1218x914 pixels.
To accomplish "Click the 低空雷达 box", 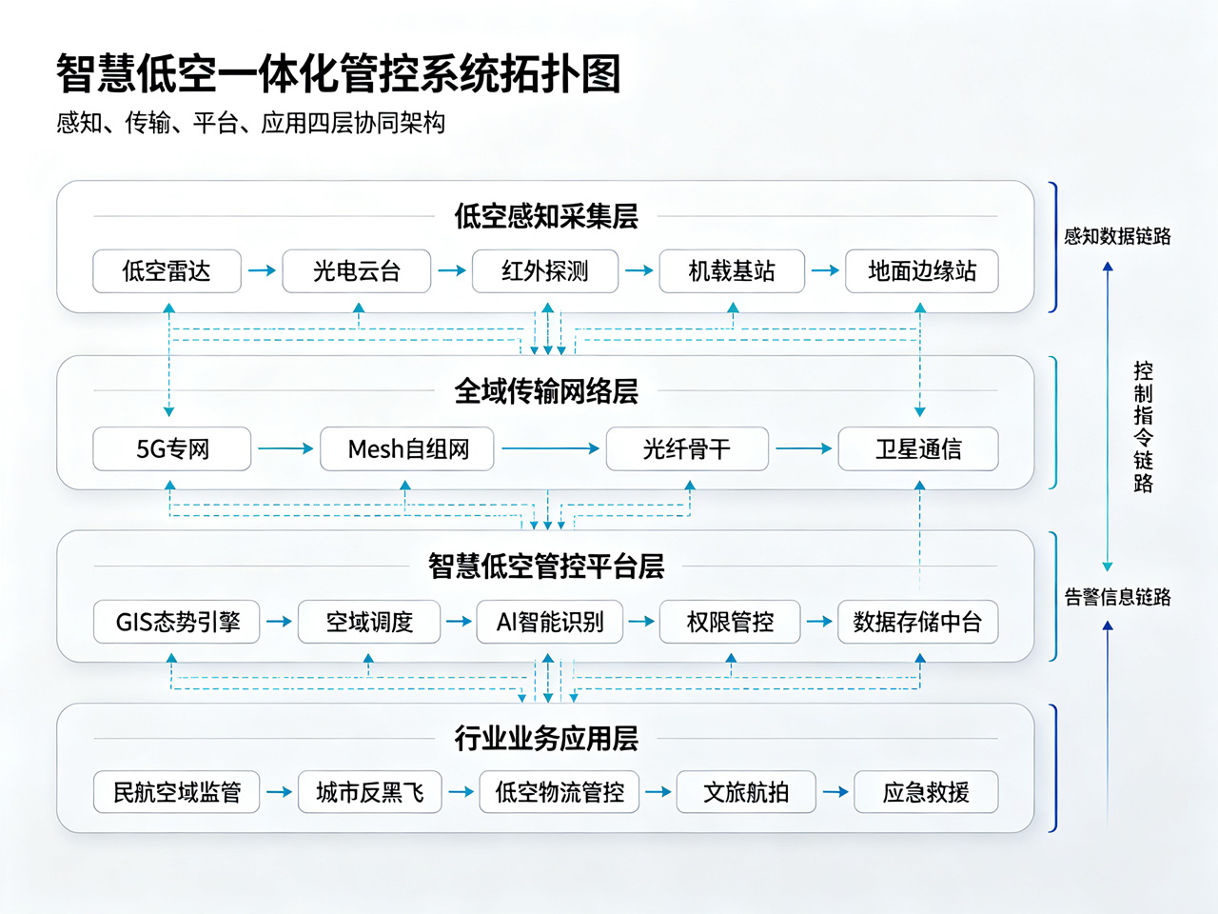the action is point(167,270).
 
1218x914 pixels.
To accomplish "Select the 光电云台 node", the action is point(356,270).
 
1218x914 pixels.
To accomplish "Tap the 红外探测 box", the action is point(545,270).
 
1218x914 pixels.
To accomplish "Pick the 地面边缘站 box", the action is point(922,270).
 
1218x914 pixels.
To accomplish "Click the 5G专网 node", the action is point(172,448).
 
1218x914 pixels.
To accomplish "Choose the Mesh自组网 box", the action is point(406,448).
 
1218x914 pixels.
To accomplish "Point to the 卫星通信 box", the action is point(918,448).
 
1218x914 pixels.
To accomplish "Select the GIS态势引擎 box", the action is point(176,622).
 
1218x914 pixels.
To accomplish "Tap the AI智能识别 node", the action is point(549,622).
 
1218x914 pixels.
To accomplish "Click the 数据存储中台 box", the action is point(918,622).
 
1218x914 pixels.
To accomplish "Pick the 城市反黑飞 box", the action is point(369,792).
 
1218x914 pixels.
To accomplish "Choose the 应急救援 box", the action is point(926,792).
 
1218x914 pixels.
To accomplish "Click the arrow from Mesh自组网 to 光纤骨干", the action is point(550,448).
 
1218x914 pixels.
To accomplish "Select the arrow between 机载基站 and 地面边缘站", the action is point(825,270).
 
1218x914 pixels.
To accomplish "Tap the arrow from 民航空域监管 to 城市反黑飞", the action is point(279,792).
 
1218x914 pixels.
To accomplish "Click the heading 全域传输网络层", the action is point(546,391).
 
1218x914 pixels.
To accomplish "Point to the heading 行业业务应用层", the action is point(546,739).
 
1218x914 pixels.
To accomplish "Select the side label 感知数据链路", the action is point(1117,236).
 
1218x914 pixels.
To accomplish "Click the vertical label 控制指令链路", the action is point(1143,427).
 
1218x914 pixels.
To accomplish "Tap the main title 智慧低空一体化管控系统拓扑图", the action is point(338,73).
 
